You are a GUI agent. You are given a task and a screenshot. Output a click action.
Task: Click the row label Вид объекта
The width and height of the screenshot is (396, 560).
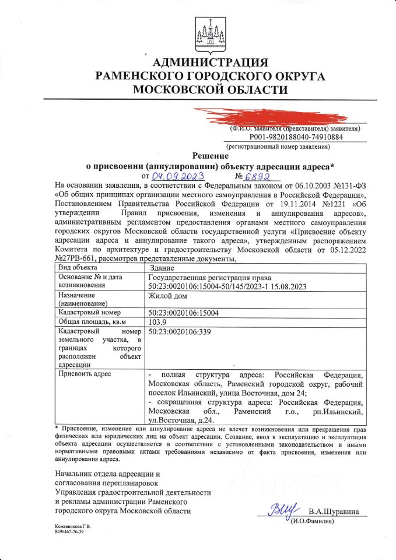(78, 267)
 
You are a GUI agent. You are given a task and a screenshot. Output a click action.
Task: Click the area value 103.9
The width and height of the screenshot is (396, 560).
(158, 322)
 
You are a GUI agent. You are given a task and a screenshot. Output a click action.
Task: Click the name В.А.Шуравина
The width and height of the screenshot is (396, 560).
(334, 512)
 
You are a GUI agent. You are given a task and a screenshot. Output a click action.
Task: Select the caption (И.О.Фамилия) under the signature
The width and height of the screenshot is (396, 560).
(312, 521)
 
